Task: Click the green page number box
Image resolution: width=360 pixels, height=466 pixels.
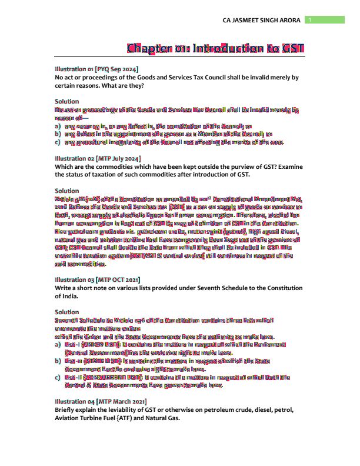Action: click(x=325, y=20)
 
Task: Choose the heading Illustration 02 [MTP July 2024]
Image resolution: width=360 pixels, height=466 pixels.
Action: click(x=98, y=159)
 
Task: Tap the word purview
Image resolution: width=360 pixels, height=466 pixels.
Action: click(x=235, y=167)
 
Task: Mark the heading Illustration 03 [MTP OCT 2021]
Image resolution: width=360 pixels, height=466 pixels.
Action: click(x=97, y=280)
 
